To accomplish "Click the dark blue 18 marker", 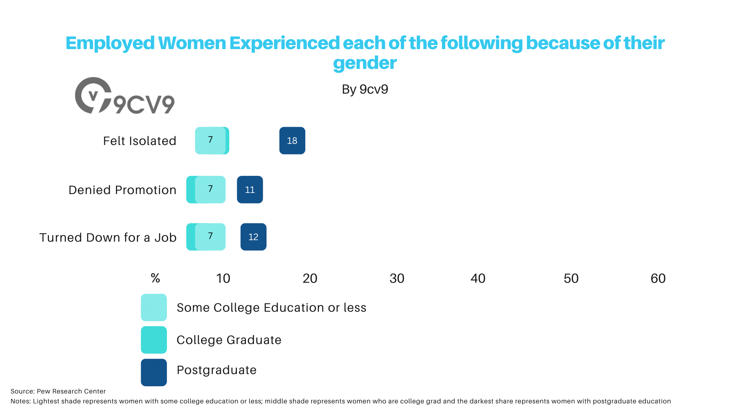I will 292,140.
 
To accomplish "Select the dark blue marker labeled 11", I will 250,190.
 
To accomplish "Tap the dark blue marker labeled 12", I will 253,237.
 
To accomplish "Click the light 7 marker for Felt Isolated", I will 210,140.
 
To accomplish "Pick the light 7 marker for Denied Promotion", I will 210,190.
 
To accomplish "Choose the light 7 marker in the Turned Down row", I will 210,237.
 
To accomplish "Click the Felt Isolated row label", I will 140,141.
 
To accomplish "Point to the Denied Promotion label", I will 122,190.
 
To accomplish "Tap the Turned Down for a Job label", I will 108,237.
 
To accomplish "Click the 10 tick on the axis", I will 223,279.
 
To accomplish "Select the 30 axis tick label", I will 397,279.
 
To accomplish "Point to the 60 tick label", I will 658,279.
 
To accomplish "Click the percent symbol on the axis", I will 155,278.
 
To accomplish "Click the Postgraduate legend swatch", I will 154,372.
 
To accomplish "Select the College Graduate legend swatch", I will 154,340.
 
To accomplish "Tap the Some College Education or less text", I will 271,307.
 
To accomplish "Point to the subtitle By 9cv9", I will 365,89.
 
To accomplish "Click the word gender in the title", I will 365,63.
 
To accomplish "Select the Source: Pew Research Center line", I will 58,391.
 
